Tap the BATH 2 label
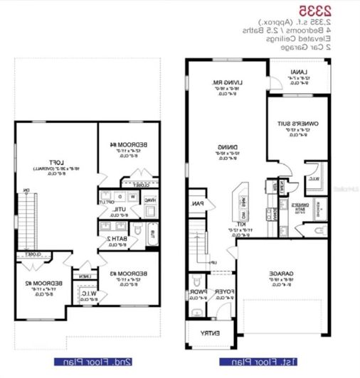coord(116,239)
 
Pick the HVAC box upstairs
coord(150,200)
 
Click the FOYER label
coord(223,291)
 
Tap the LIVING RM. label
coord(226,83)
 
